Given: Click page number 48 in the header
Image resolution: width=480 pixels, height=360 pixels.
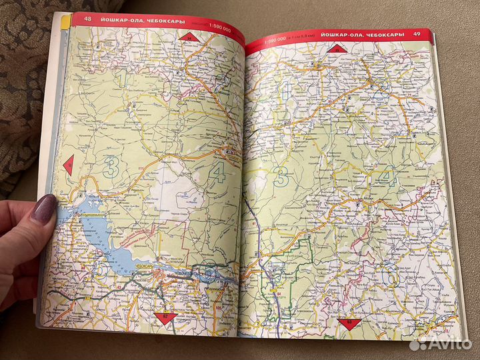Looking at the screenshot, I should [79, 19].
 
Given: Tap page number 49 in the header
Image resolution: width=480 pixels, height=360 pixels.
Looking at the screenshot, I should [417, 34].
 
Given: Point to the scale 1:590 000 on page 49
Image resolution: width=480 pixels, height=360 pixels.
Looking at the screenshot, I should [277, 41].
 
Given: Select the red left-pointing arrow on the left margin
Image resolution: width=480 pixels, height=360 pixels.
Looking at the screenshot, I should [68, 162].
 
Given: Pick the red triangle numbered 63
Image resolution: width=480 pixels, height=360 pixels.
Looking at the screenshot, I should [347, 323].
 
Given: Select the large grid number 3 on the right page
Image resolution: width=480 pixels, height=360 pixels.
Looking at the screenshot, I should [283, 177].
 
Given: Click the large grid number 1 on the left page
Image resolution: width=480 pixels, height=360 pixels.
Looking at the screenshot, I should [121, 80].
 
